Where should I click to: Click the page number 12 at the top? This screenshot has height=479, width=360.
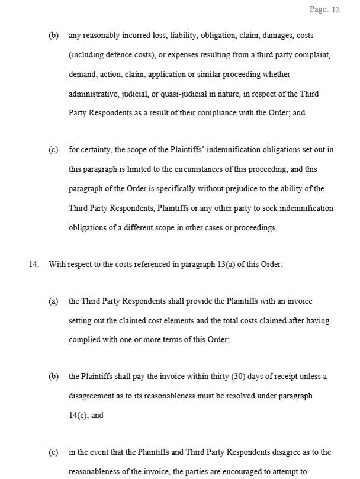[335, 10]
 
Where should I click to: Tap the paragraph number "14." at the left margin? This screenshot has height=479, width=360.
[34, 264]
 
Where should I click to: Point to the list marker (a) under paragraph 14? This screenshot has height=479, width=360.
[53, 301]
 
